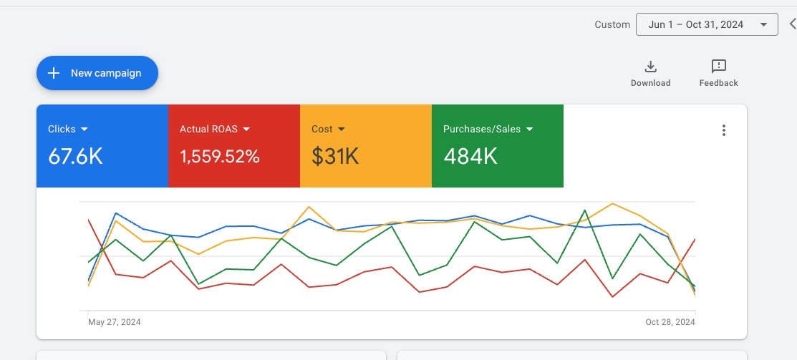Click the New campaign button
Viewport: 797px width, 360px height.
coord(97,73)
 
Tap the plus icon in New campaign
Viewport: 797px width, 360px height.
coord(54,73)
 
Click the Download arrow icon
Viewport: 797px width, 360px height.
coord(651,67)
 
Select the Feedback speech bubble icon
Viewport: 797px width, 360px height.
coord(719,67)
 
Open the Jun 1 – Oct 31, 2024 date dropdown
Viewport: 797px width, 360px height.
coord(707,24)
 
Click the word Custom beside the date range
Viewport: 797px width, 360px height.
coord(612,24)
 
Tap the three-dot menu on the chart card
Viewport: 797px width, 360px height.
coord(724,130)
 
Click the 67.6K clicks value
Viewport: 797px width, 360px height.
coord(75,157)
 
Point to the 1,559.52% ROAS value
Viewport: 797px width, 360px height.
coord(220,157)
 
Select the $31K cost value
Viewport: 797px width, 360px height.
coord(335,157)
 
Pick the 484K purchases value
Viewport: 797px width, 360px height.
coord(470,157)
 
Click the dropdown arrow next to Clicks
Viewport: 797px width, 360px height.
coord(84,130)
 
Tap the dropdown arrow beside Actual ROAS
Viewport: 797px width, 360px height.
coord(246,130)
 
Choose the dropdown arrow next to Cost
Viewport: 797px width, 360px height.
coord(342,130)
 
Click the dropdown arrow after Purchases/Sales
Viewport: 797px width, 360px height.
coord(530,130)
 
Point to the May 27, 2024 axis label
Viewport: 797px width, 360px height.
coord(115,322)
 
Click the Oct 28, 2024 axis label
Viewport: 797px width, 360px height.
coord(670,322)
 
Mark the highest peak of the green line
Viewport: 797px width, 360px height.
coord(585,210)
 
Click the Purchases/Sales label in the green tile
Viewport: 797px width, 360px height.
coord(482,130)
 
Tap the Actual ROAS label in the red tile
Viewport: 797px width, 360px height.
coord(208,130)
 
